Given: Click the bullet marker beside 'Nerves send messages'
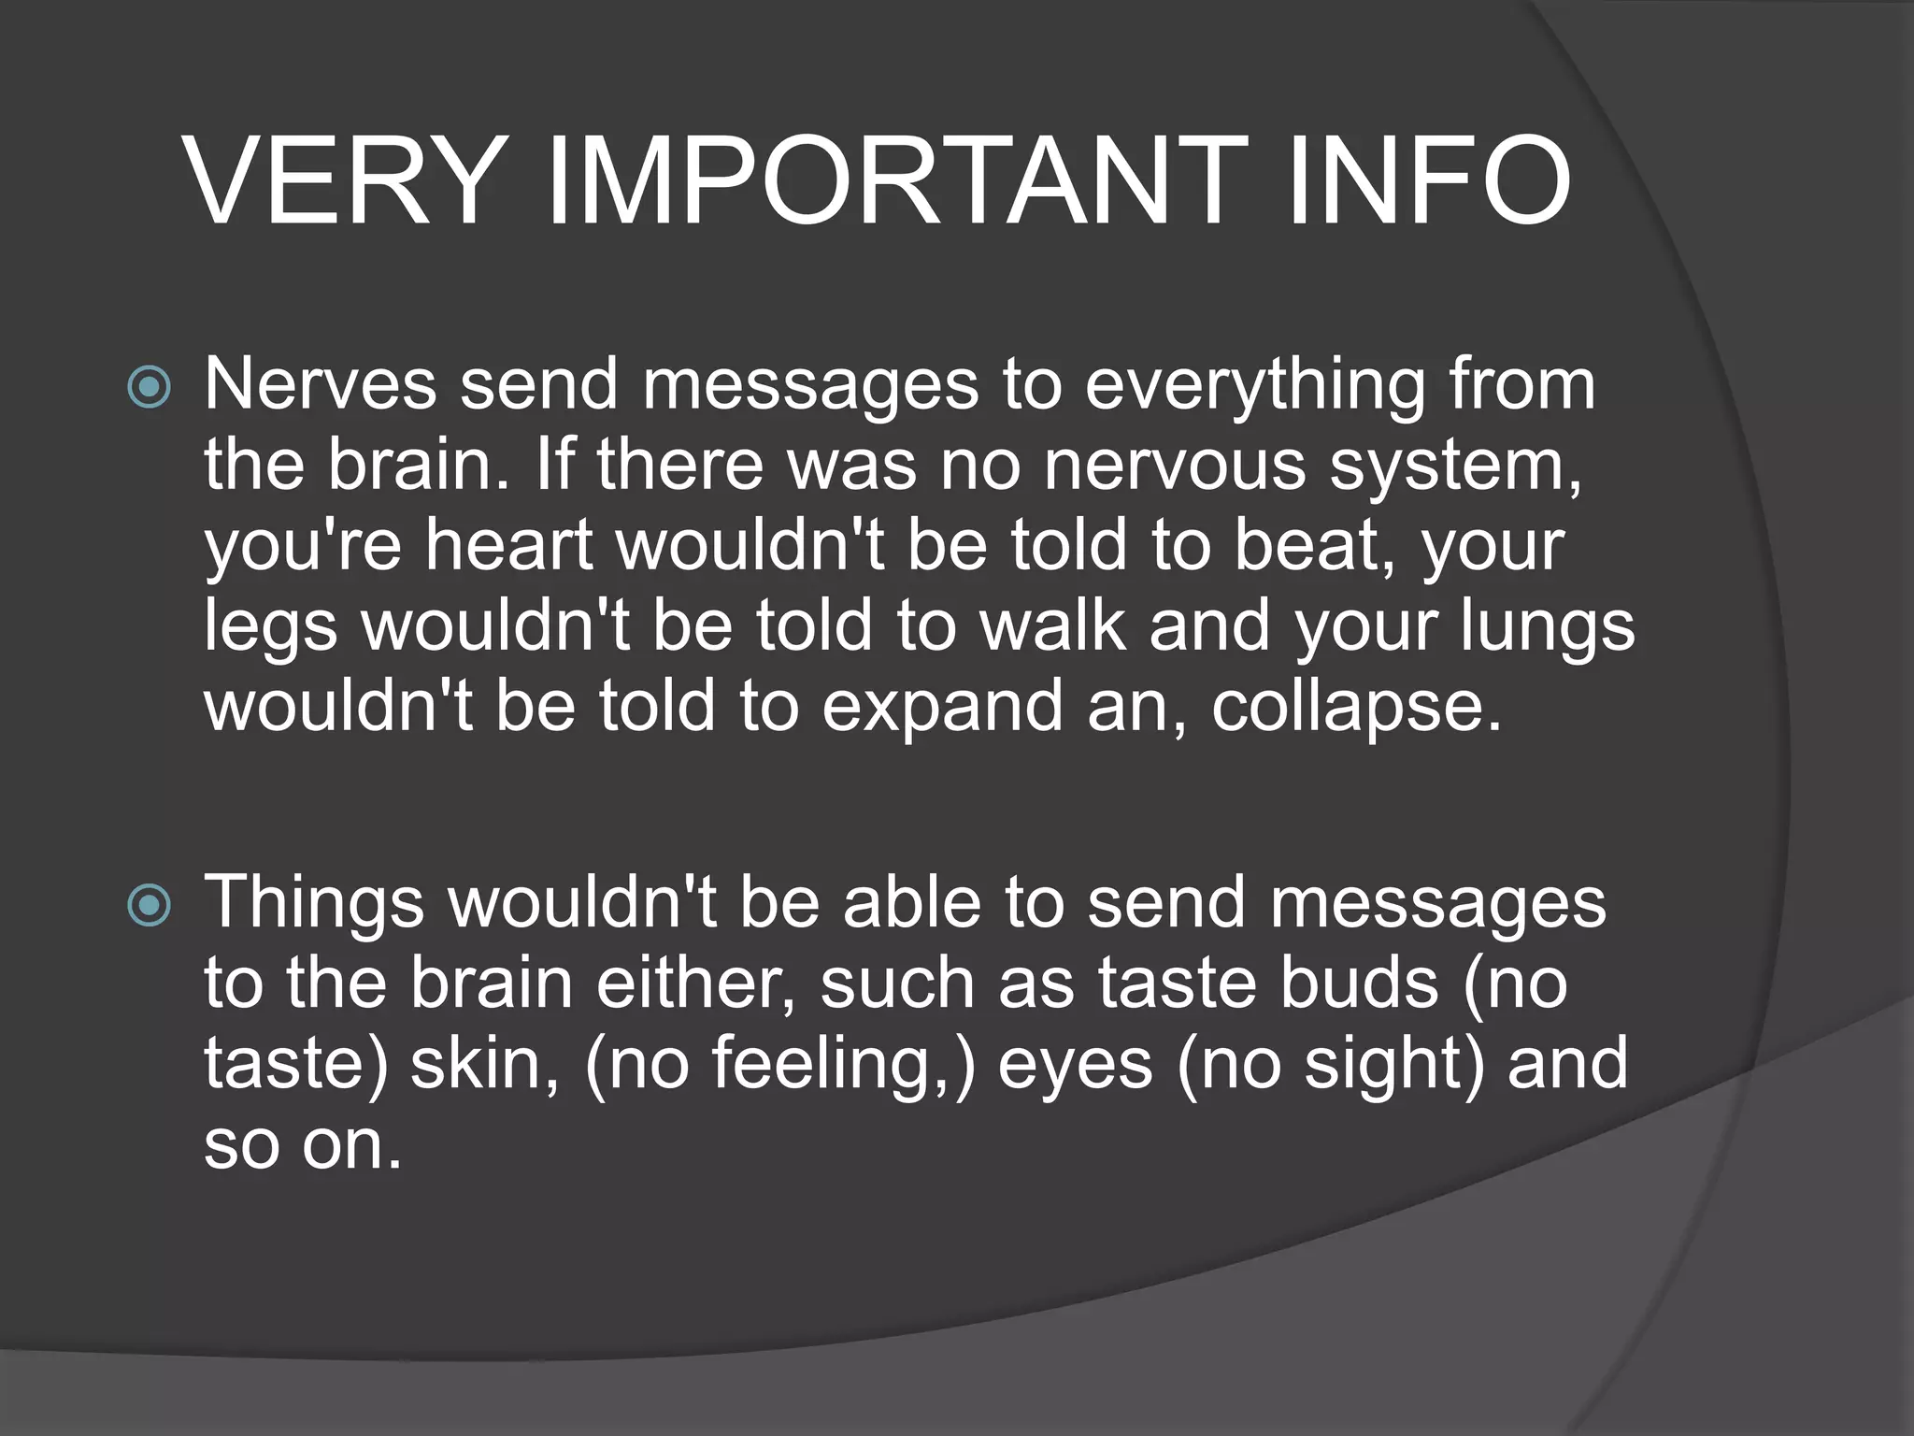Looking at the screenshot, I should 150,387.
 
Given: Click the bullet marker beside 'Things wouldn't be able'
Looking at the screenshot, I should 150,905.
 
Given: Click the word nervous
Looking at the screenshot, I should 1174,465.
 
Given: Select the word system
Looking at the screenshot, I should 1455,467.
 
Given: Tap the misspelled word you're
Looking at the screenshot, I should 303,546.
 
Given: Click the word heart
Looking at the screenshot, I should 509,545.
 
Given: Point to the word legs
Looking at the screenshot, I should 270,627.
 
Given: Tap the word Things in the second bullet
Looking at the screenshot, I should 314,903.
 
